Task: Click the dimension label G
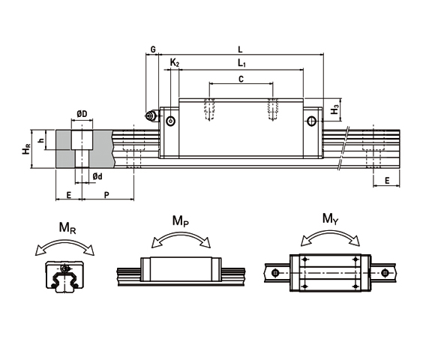pyautogui.click(x=153, y=49)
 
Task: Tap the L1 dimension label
pyautogui.click(x=241, y=63)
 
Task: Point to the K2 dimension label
pyautogui.click(x=175, y=63)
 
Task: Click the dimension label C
pyautogui.click(x=241, y=78)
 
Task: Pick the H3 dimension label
pyautogui.click(x=336, y=109)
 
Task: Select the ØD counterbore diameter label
pyautogui.click(x=82, y=114)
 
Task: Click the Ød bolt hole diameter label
pyautogui.click(x=97, y=176)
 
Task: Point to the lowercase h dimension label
pyautogui.click(x=46, y=139)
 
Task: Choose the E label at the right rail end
pyautogui.click(x=386, y=181)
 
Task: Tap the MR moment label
pyautogui.click(x=67, y=228)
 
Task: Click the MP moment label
pyautogui.click(x=180, y=220)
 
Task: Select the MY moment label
pyautogui.click(x=329, y=218)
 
